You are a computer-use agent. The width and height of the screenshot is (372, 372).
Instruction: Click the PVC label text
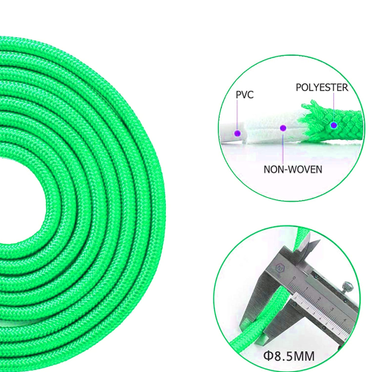pyautogui.click(x=245, y=94)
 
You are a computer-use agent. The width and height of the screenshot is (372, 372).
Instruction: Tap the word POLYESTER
pyautogui.click(x=322, y=88)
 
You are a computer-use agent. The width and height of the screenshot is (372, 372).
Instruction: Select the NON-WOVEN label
pyautogui.click(x=293, y=170)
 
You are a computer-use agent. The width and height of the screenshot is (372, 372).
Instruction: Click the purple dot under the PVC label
pyautogui.click(x=237, y=133)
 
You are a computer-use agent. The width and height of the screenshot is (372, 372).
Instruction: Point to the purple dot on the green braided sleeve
pyautogui.click(x=334, y=125)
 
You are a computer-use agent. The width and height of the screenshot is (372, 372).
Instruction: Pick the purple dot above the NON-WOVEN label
pyautogui.click(x=283, y=128)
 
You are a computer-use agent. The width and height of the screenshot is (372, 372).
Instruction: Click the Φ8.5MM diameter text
pyautogui.click(x=289, y=356)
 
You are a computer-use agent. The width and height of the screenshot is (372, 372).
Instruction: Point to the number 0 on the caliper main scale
pyautogui.click(x=294, y=278)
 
